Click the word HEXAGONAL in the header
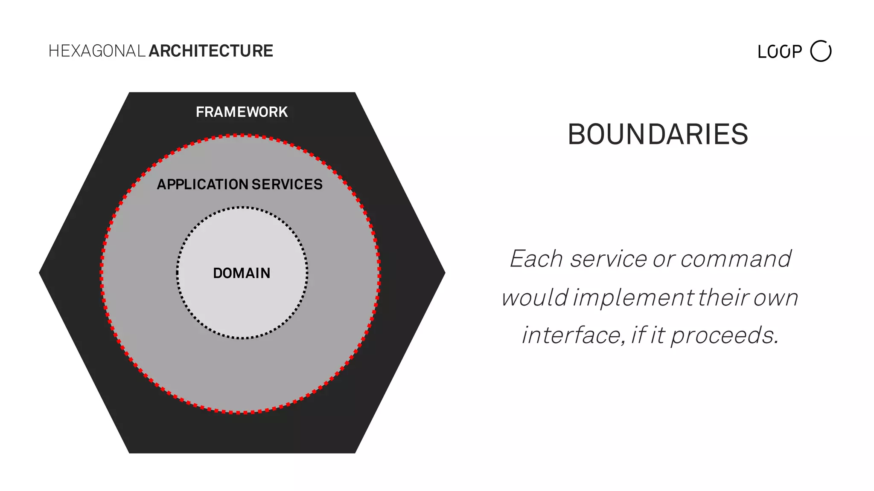coord(97,51)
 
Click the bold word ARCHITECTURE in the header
coord(211,51)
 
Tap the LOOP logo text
coord(780,52)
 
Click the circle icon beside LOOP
coord(821,51)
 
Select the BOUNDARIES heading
coord(658,134)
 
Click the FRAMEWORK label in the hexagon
coord(242,112)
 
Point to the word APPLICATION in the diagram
coord(203,185)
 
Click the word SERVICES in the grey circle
coord(287,185)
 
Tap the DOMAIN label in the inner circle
coord(242,273)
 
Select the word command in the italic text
coord(736,259)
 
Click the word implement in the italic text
coord(633,297)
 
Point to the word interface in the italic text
coord(571,335)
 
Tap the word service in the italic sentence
coord(609,259)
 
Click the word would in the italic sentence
coord(535,297)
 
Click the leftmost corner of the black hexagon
coord(40,272)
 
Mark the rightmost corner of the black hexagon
coord(444,272)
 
